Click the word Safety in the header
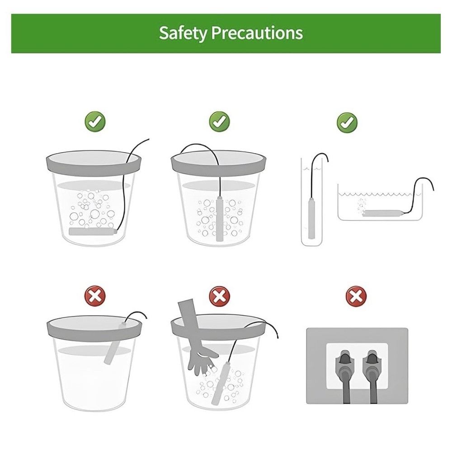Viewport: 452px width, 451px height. click(x=183, y=33)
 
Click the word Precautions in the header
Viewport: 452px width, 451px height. click(x=257, y=33)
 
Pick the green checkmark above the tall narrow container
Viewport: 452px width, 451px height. click(x=347, y=123)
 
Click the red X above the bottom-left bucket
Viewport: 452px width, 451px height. click(x=95, y=296)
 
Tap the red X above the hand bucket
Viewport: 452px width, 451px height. click(x=220, y=296)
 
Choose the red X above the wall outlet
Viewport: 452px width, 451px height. click(x=356, y=296)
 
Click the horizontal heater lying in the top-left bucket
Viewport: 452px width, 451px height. click(x=93, y=231)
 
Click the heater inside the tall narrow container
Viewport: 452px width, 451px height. click(x=311, y=218)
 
